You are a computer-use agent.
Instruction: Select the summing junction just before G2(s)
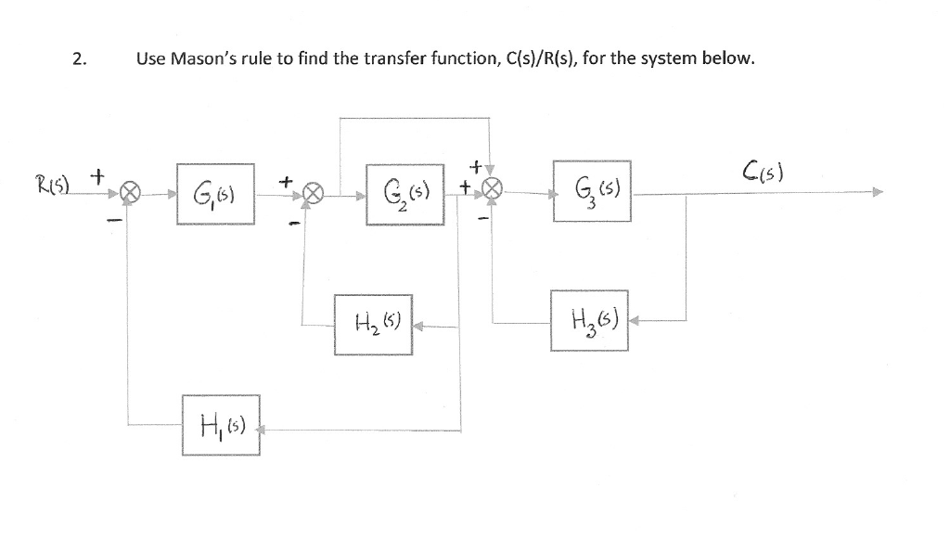point(315,195)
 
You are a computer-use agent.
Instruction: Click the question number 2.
point(80,60)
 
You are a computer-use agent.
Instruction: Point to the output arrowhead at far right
point(877,194)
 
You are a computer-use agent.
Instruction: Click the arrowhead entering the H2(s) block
point(417,326)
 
